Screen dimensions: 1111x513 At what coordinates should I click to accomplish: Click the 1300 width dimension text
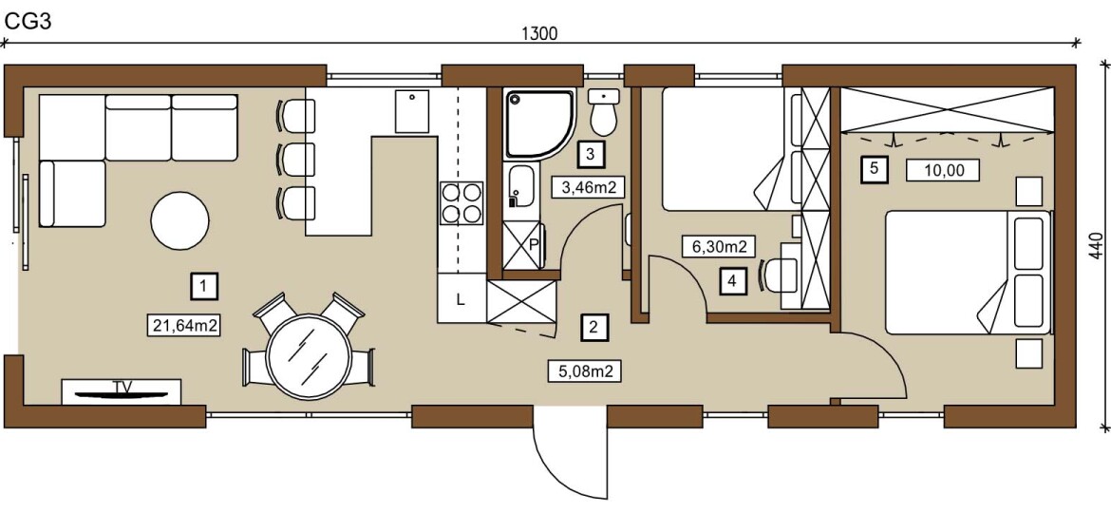540,33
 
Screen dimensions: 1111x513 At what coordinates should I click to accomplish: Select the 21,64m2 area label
184,325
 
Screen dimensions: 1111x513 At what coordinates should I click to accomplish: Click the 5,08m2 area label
585,370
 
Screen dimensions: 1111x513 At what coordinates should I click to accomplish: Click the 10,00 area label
942,170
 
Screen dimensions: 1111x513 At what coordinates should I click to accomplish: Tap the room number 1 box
203,286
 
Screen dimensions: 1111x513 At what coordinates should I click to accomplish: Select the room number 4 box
733,280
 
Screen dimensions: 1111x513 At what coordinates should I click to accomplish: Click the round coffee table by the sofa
180,220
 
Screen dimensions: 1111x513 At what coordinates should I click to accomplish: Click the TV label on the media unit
121,386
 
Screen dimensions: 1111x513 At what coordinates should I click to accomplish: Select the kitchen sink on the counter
412,111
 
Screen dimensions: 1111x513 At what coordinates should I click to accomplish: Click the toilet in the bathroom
604,112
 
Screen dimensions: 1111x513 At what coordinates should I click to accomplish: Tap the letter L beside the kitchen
461,300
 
